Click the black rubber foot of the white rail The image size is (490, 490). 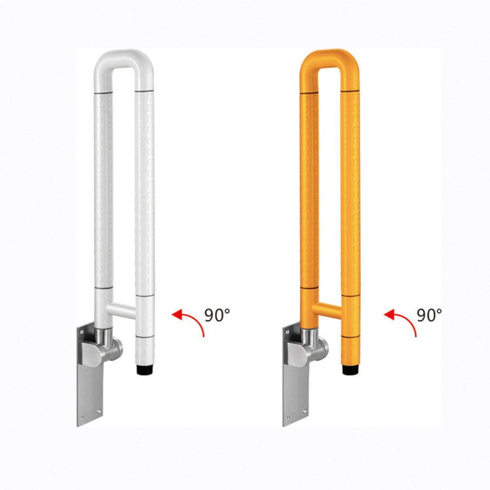point(145,370)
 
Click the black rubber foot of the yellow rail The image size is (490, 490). point(351,370)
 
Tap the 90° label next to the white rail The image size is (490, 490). point(217,315)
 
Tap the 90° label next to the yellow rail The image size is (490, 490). point(429,315)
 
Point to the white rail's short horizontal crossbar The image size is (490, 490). point(121,311)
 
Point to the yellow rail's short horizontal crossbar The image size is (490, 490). point(327,311)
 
